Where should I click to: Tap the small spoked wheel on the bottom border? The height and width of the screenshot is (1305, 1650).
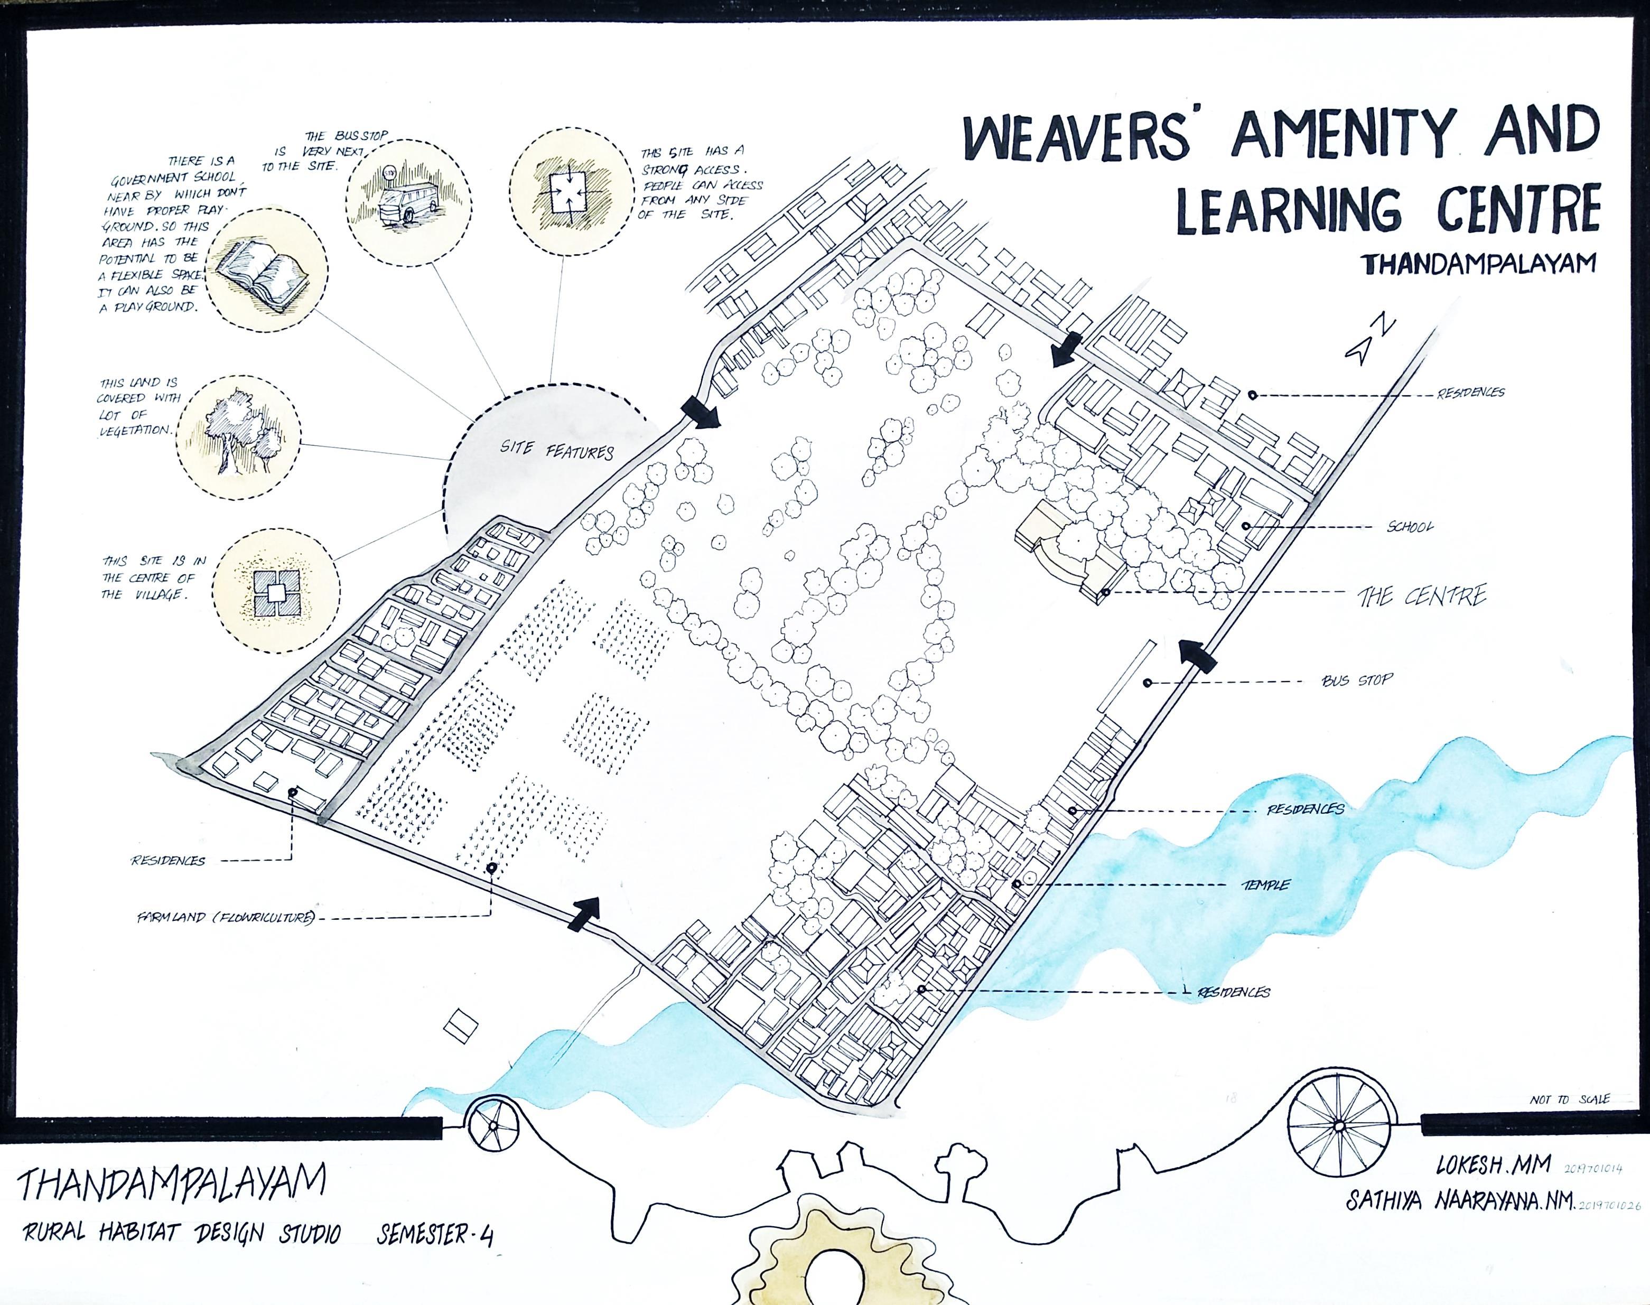coord(493,1129)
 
